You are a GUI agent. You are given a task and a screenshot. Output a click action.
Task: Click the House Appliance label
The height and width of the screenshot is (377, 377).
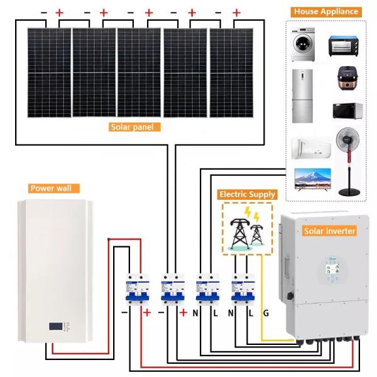(x=325, y=11)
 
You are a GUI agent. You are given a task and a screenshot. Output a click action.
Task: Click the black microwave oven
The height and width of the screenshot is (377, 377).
(x=347, y=111)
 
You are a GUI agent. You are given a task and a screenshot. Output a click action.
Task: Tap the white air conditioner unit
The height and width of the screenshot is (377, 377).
(x=310, y=148)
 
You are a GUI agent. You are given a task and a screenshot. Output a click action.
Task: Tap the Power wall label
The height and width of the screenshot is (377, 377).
(x=52, y=188)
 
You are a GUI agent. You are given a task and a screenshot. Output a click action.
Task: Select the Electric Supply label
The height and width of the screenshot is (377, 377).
(x=246, y=194)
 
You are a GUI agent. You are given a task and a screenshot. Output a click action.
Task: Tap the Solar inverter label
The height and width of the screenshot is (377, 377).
(x=330, y=231)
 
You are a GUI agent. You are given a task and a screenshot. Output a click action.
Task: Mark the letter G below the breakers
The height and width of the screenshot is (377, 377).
(x=266, y=312)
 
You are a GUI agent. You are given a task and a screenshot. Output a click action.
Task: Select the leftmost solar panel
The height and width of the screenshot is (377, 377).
(x=48, y=73)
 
